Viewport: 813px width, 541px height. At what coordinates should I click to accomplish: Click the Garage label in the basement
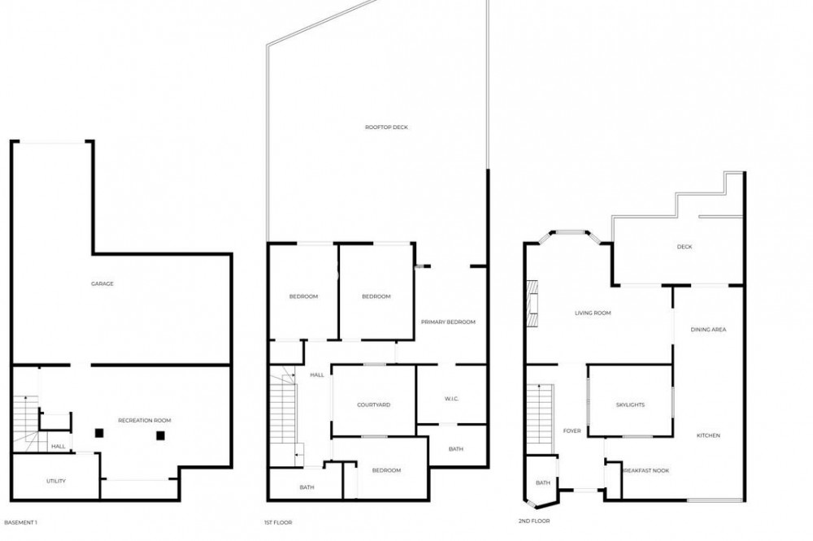(102, 284)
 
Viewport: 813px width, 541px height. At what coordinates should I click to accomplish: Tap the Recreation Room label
(145, 421)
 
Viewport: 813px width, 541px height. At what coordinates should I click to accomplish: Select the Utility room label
(56, 482)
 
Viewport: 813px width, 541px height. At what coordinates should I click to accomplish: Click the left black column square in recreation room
(99, 433)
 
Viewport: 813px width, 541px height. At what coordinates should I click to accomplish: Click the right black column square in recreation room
(161, 435)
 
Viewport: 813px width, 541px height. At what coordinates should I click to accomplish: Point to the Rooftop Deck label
(386, 128)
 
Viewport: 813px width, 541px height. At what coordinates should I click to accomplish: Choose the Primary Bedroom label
(448, 322)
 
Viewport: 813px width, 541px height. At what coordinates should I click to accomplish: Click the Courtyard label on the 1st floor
(374, 405)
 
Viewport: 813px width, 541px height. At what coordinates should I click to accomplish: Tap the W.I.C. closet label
(451, 399)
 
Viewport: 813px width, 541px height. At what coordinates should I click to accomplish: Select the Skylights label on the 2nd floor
(631, 405)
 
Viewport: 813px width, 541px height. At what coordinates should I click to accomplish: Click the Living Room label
(593, 314)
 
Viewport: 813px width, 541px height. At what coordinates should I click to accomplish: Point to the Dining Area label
(708, 330)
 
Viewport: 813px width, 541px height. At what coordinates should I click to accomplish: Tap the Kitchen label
(708, 435)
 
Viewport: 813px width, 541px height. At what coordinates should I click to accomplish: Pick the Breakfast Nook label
(646, 471)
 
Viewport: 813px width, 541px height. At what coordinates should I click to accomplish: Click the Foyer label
(572, 431)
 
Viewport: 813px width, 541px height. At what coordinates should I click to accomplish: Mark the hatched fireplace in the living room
(532, 304)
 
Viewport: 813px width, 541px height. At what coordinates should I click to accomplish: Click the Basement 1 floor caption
(21, 523)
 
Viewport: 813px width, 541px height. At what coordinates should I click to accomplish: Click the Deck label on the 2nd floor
(685, 247)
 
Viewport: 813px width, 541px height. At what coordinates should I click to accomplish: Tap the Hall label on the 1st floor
(317, 375)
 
